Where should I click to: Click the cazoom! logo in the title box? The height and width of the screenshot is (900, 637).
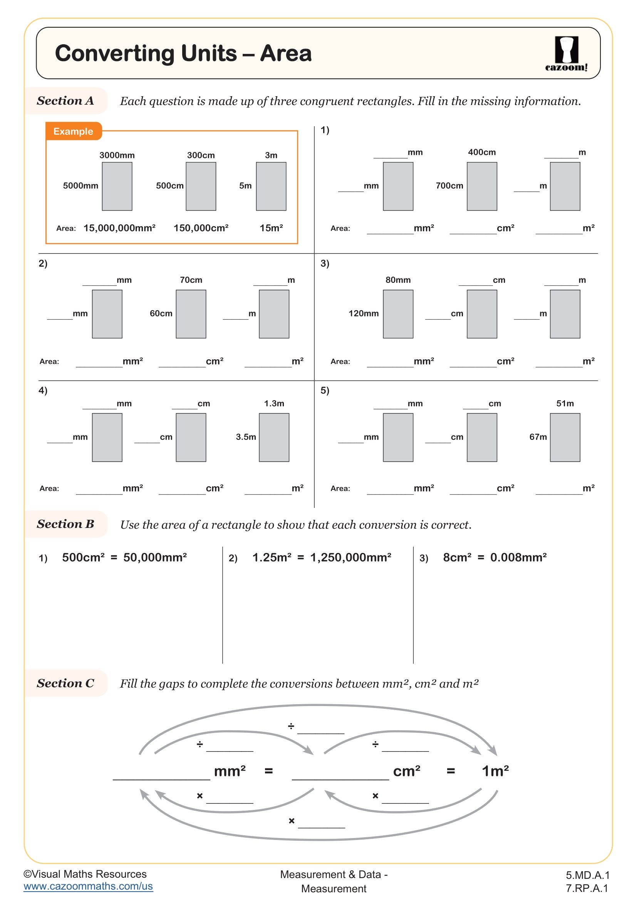coord(566,54)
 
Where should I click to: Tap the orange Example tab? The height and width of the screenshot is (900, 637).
coord(73,131)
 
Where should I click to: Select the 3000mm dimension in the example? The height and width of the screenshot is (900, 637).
coord(117,155)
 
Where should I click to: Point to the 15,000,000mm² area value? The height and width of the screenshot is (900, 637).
coord(119,228)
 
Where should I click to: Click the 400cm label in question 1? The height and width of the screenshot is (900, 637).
coord(482,152)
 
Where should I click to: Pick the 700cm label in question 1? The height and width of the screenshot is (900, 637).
coord(449,186)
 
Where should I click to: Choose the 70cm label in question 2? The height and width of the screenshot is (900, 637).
coord(191,280)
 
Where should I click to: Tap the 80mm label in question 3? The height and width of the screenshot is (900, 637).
coord(398,280)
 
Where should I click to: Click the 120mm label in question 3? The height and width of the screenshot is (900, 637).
coord(363,314)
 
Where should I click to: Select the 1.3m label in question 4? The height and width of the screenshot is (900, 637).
coord(274,403)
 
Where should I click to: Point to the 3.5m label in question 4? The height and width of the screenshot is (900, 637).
coord(246,437)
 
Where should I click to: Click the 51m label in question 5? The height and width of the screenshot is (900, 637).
coord(565,403)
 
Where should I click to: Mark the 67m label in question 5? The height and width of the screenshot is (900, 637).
coord(538,437)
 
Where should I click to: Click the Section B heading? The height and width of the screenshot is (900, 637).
coord(65,524)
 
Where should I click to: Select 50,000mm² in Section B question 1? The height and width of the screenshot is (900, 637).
coord(155,558)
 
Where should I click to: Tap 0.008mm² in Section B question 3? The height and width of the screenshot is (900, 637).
coord(518,558)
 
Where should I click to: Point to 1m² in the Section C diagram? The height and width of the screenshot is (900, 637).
coord(495,771)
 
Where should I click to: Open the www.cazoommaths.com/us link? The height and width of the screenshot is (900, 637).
coord(88,886)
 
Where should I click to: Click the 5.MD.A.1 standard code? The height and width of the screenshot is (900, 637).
coord(587,875)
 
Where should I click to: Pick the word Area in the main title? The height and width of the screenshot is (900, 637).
coord(285,53)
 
